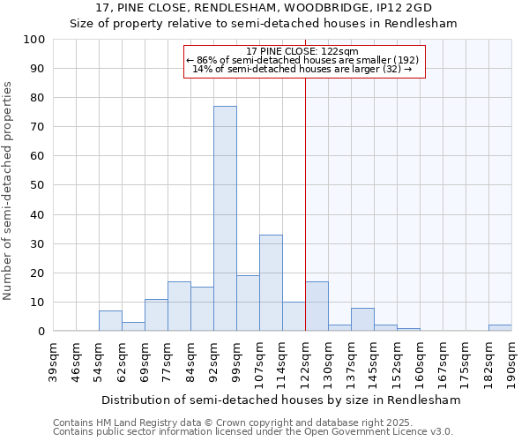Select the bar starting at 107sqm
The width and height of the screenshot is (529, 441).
click(x=271, y=282)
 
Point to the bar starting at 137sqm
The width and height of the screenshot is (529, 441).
click(x=362, y=319)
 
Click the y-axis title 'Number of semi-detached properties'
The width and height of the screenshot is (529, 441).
click(x=9, y=191)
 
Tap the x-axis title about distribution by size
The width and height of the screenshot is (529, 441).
click(x=280, y=400)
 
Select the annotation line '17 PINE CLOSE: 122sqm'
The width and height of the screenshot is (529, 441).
click(x=302, y=52)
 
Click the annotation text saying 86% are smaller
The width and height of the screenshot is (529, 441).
click(x=302, y=60)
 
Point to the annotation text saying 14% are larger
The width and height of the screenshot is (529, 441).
click(x=302, y=69)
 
